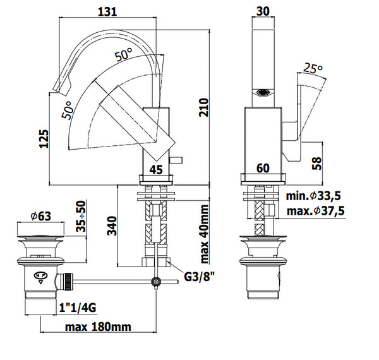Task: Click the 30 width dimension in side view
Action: pyautogui.click(x=263, y=11)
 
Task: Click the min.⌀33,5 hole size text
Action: pyautogui.click(x=313, y=196)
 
